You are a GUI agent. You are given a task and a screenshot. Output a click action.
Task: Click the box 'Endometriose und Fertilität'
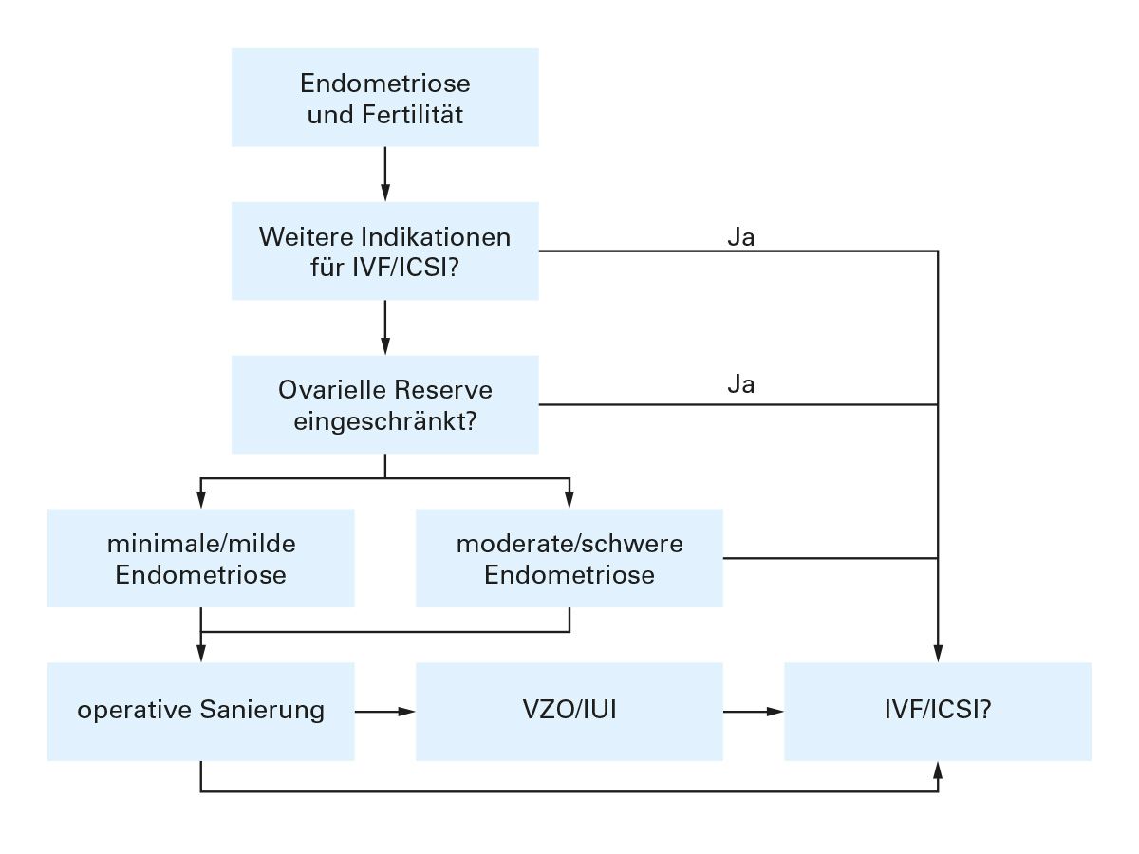tap(384, 98)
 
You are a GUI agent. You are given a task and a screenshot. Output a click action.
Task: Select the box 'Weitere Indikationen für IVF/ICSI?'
tap(384, 251)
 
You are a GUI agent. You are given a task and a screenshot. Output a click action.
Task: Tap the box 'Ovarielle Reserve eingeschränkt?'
tap(384, 404)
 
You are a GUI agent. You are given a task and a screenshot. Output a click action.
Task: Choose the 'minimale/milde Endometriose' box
tap(200, 558)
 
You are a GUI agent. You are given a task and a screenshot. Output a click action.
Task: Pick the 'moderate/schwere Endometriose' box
tap(569, 558)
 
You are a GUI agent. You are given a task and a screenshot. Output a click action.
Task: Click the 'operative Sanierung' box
tap(200, 711)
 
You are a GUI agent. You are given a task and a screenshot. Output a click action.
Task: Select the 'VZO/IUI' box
tap(569, 711)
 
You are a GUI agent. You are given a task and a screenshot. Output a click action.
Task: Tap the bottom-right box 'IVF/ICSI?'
tap(937, 711)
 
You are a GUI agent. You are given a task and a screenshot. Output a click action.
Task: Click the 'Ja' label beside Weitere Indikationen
tap(740, 238)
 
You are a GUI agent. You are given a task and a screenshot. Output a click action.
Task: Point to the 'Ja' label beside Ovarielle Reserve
tap(740, 386)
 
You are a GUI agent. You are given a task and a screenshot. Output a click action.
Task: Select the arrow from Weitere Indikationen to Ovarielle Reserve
tap(384, 327)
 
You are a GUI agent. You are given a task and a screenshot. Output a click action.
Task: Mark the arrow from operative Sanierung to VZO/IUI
tap(384, 711)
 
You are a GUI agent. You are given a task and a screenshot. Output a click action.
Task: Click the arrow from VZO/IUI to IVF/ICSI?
tap(753, 711)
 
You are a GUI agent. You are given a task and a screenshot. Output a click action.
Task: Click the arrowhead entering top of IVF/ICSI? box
tap(938, 654)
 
